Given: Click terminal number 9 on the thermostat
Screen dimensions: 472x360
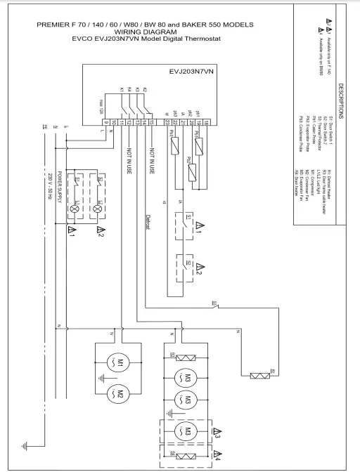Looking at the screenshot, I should [105, 123].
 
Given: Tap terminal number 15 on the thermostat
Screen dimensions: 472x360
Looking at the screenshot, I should [152, 123].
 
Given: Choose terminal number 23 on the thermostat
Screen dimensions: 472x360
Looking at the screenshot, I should [166, 123].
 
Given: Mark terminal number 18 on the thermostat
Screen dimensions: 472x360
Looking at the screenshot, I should [205, 123].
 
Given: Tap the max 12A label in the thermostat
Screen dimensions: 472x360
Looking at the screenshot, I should [103, 110].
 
